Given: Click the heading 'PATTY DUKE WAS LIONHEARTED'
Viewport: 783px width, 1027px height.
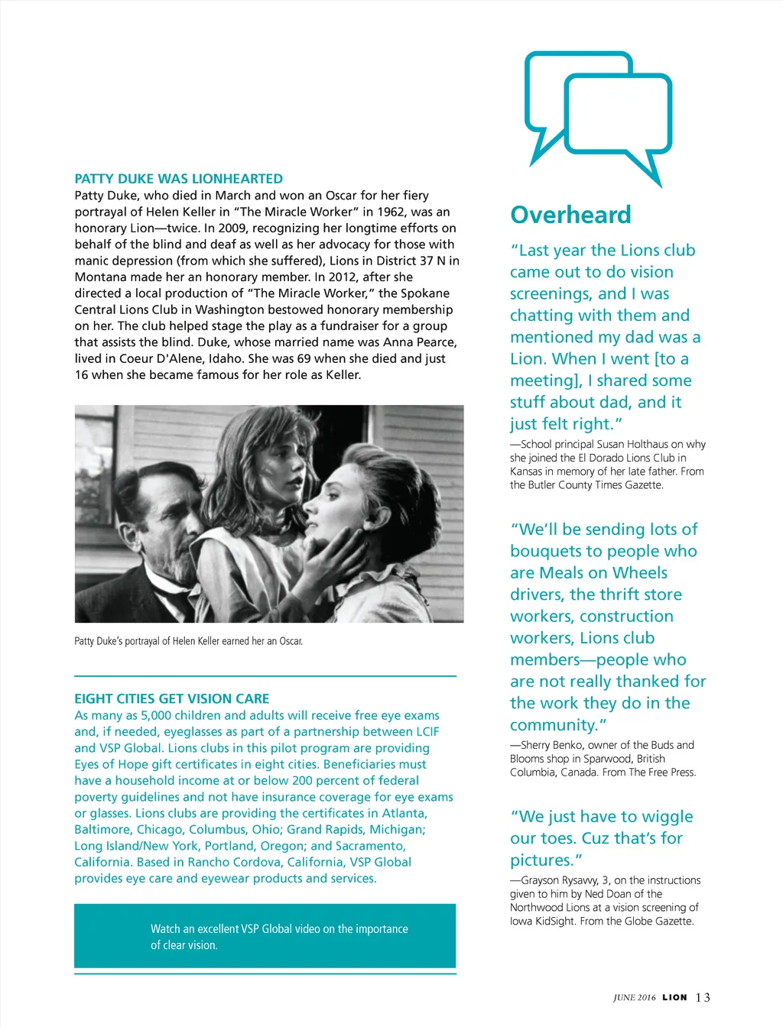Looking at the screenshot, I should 178,179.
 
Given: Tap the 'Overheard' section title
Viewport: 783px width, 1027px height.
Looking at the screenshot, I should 570,215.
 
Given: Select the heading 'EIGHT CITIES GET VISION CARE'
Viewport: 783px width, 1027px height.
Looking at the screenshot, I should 171,698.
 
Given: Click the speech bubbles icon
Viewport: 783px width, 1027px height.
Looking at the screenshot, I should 598,116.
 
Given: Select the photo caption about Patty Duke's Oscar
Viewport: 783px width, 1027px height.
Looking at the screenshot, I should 188,641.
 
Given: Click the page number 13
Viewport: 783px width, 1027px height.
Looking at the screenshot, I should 703,997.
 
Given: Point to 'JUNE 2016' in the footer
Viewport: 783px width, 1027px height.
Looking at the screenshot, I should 634,997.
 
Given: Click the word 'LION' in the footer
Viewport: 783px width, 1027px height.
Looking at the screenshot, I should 674,997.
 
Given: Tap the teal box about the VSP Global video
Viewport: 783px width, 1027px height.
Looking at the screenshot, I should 265,936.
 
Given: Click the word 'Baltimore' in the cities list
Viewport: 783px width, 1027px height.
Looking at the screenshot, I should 102,829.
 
